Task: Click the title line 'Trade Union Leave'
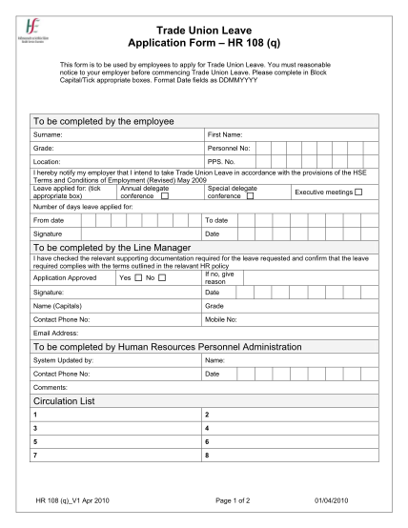(x=203, y=30)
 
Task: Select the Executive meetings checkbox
(x=358, y=193)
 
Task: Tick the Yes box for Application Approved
(x=138, y=277)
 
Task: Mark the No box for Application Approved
(x=164, y=277)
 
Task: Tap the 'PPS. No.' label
(x=221, y=162)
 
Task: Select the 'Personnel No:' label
(x=228, y=149)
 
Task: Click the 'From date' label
(x=50, y=220)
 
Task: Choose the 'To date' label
(x=217, y=220)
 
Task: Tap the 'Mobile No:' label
(x=223, y=319)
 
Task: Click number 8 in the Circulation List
(x=207, y=455)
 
